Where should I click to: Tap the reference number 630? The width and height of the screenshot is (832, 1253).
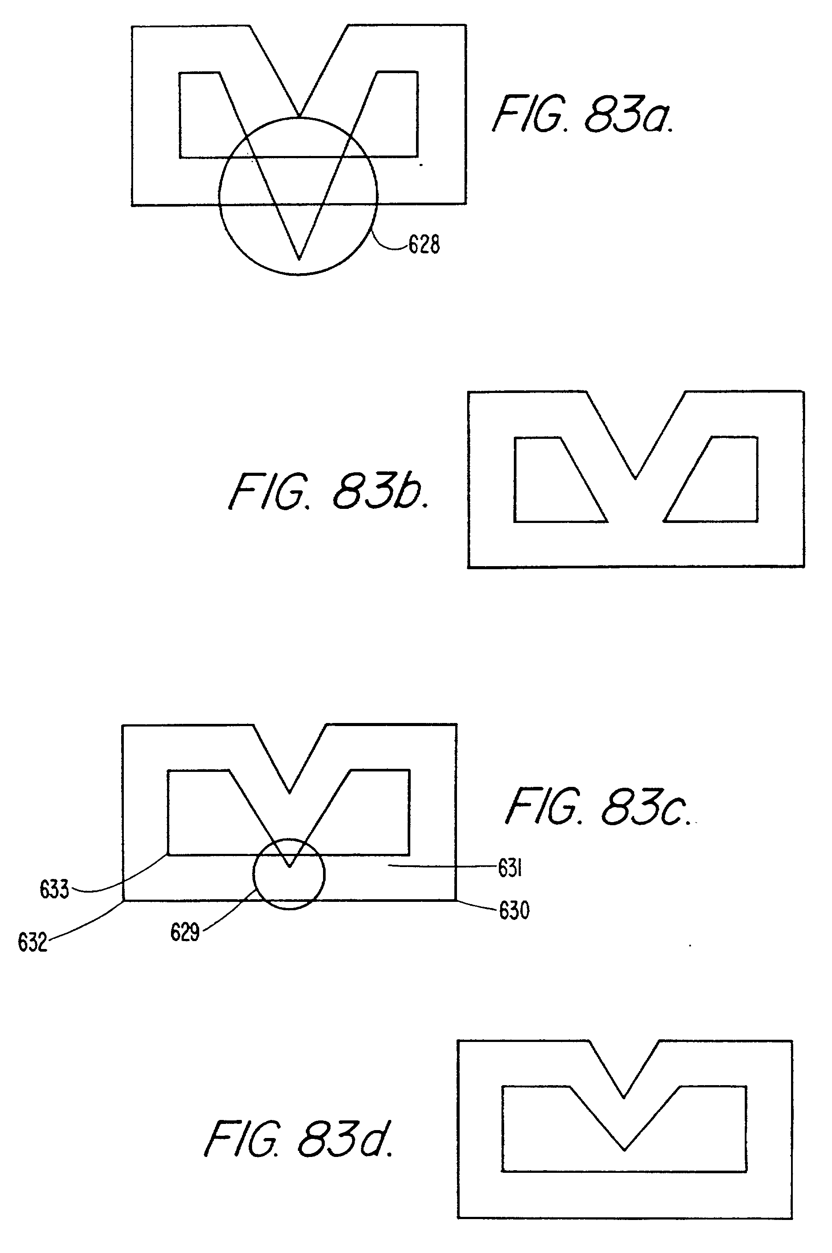[514, 910]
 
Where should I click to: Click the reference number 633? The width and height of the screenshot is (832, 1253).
[54, 890]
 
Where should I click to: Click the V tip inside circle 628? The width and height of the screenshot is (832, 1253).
[299, 259]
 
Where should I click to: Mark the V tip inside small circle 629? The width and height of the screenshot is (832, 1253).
[289, 867]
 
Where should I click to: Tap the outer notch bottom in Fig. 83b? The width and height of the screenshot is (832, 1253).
[635, 478]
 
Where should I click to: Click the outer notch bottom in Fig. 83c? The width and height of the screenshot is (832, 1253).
[289, 793]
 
